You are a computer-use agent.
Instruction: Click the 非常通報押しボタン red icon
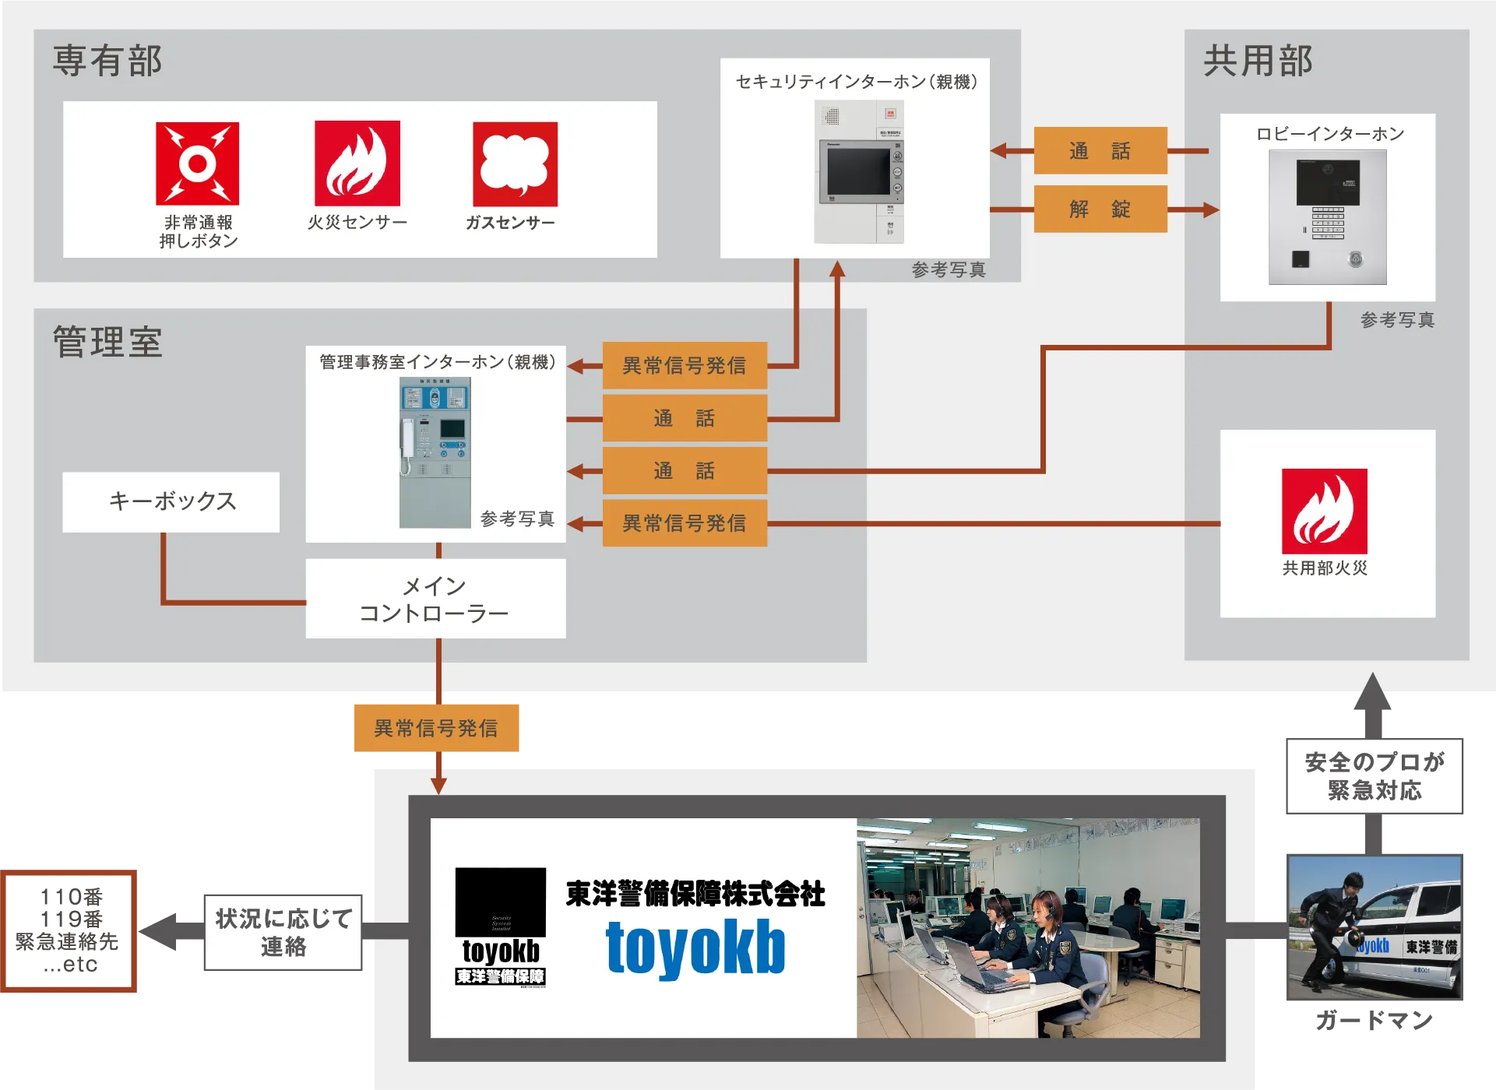pos(197,163)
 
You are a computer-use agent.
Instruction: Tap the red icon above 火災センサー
pos(357,163)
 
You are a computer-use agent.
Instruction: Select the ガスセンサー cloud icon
pos(515,164)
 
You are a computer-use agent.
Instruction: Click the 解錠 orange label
pos(1100,209)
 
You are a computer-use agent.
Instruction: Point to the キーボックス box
pos(171,501)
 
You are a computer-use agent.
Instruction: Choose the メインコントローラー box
pos(435,599)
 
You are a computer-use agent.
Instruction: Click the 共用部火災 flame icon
pos(1324,511)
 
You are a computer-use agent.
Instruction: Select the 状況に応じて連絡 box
pos(283,931)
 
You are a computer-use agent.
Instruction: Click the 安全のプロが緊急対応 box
pos(1374,775)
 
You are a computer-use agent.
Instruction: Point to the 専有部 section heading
pos(107,61)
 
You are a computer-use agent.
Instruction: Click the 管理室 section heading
pos(107,343)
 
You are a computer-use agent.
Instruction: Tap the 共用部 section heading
pos(1258,61)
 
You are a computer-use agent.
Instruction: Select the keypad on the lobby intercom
pos(1328,221)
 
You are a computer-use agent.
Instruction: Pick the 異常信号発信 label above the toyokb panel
pos(435,728)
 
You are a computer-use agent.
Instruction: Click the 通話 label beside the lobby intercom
pos(1100,150)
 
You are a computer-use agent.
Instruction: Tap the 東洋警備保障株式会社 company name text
pos(695,894)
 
